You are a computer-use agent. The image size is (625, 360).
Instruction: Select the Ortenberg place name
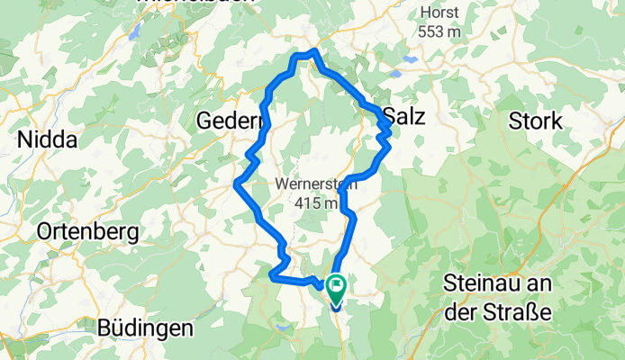(87, 232)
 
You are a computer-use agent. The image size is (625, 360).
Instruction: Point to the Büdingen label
(147, 328)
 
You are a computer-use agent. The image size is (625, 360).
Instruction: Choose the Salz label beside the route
(403, 116)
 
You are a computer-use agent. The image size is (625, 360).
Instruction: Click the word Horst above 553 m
(439, 13)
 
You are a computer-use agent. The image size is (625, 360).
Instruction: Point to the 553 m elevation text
(439, 31)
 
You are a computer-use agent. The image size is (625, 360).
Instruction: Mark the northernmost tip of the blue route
(313, 50)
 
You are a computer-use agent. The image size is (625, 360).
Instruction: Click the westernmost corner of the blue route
(235, 184)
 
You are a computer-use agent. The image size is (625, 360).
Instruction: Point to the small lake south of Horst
(411, 59)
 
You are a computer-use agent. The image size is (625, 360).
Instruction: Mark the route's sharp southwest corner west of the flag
(271, 277)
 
